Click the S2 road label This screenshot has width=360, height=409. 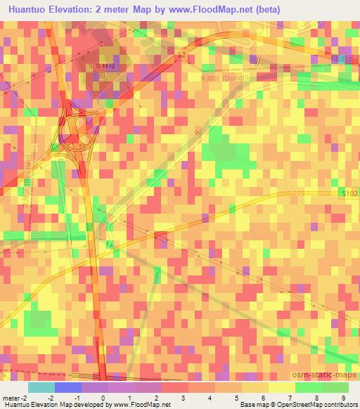181,53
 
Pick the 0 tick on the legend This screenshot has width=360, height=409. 103,398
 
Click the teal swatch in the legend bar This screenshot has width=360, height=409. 41,387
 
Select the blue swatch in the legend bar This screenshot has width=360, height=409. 67,387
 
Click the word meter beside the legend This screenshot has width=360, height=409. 10,398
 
